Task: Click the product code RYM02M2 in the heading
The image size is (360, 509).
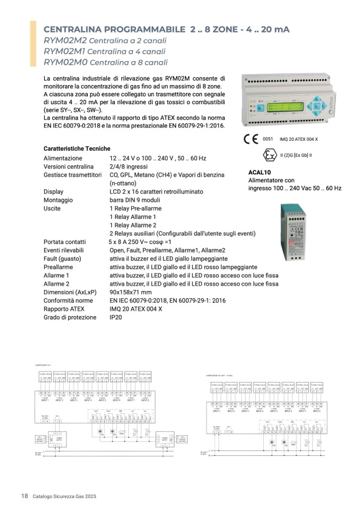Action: (x=65, y=40)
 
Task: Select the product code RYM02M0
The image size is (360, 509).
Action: (x=65, y=62)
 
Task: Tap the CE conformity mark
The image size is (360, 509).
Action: (x=250, y=140)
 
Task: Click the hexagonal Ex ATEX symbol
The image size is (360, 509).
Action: (x=270, y=155)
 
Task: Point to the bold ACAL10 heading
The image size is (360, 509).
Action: (x=259, y=172)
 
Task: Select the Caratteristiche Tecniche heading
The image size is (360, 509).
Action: (x=77, y=148)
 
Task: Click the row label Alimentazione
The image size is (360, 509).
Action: (x=63, y=158)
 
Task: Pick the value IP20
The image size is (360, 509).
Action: (x=116, y=317)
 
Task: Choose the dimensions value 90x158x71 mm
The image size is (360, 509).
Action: (x=130, y=292)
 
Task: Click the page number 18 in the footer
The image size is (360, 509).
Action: (x=24, y=496)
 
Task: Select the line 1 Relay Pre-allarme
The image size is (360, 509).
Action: (x=136, y=209)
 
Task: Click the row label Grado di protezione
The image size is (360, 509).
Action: (x=70, y=317)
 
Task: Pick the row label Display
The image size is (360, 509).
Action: (x=53, y=192)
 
